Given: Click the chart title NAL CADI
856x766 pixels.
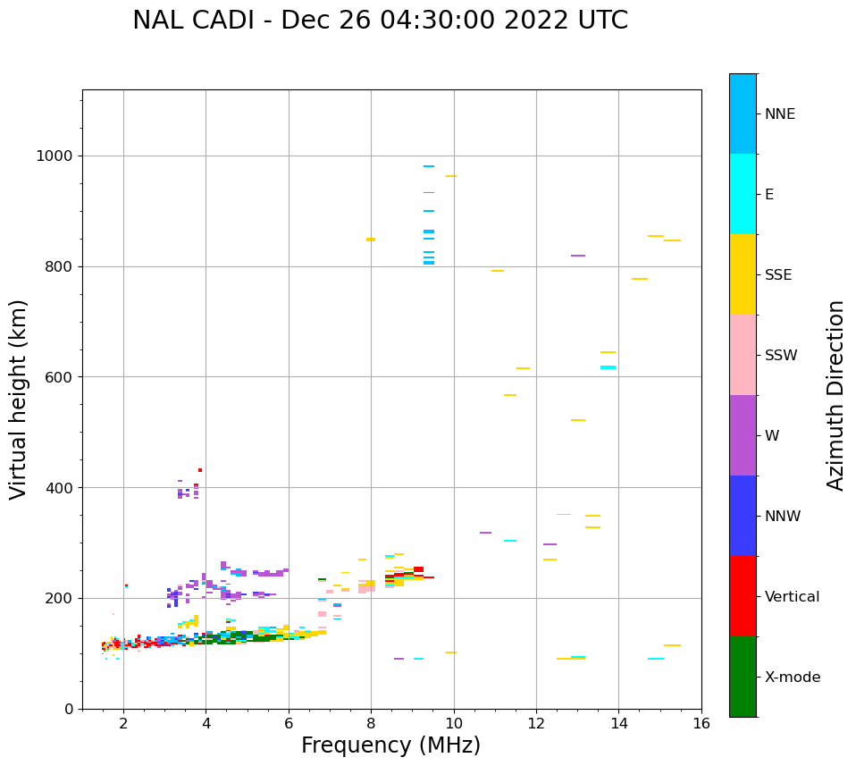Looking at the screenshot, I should [380, 21].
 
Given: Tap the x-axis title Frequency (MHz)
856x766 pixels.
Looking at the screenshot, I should [390, 745].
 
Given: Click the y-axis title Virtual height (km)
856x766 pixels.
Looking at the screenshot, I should [19, 399].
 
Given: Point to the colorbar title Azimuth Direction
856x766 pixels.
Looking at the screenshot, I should [835, 395].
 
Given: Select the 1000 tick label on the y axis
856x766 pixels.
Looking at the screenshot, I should [55, 156].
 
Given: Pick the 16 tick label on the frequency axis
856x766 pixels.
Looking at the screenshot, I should [701, 723].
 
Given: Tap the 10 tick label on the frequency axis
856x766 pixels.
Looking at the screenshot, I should [454, 723].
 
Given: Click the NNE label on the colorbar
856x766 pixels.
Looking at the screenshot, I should [779, 114].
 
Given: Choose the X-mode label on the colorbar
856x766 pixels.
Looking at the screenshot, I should [792, 678].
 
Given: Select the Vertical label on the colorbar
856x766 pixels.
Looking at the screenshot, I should [792, 597].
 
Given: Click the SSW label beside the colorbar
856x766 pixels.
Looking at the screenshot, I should [781, 356].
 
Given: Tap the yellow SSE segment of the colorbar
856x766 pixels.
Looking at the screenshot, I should [743, 274].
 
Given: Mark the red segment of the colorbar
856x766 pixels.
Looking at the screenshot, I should [743, 596].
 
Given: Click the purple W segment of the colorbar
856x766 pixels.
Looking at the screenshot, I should [743, 435].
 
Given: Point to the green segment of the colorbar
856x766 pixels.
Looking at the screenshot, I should [743, 677].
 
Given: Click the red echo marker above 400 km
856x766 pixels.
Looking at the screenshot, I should [200, 470].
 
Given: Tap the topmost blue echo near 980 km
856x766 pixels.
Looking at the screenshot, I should [429, 166].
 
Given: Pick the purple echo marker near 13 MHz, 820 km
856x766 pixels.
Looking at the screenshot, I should [578, 256].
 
